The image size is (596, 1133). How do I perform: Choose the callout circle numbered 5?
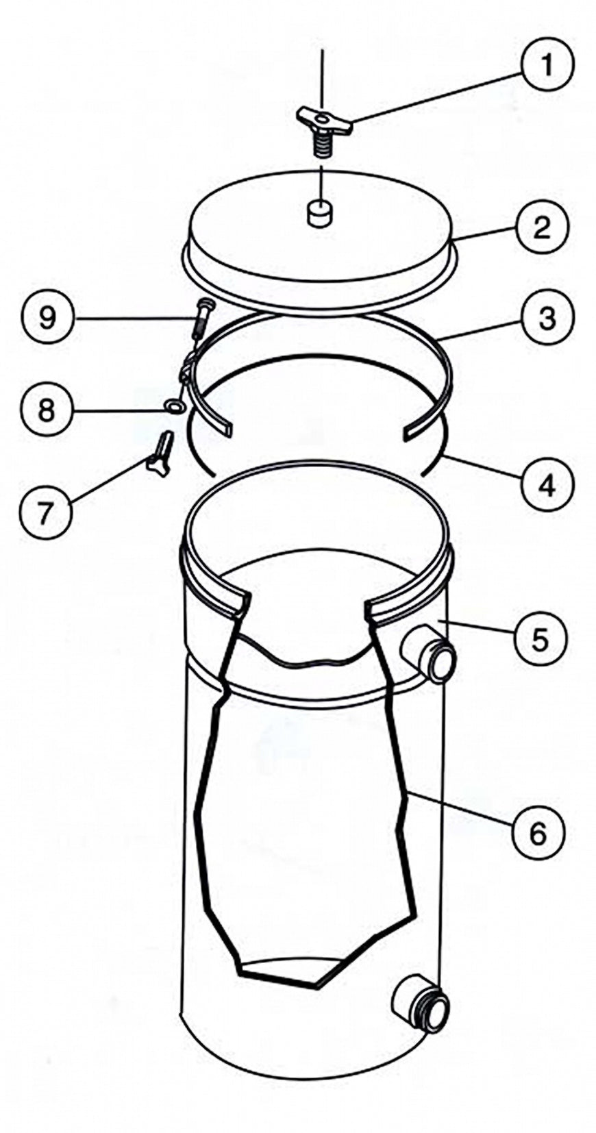(539, 639)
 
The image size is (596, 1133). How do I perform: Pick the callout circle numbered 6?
(537, 833)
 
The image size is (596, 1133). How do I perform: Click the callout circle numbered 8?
(47, 410)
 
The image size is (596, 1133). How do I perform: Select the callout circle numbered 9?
(47, 319)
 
